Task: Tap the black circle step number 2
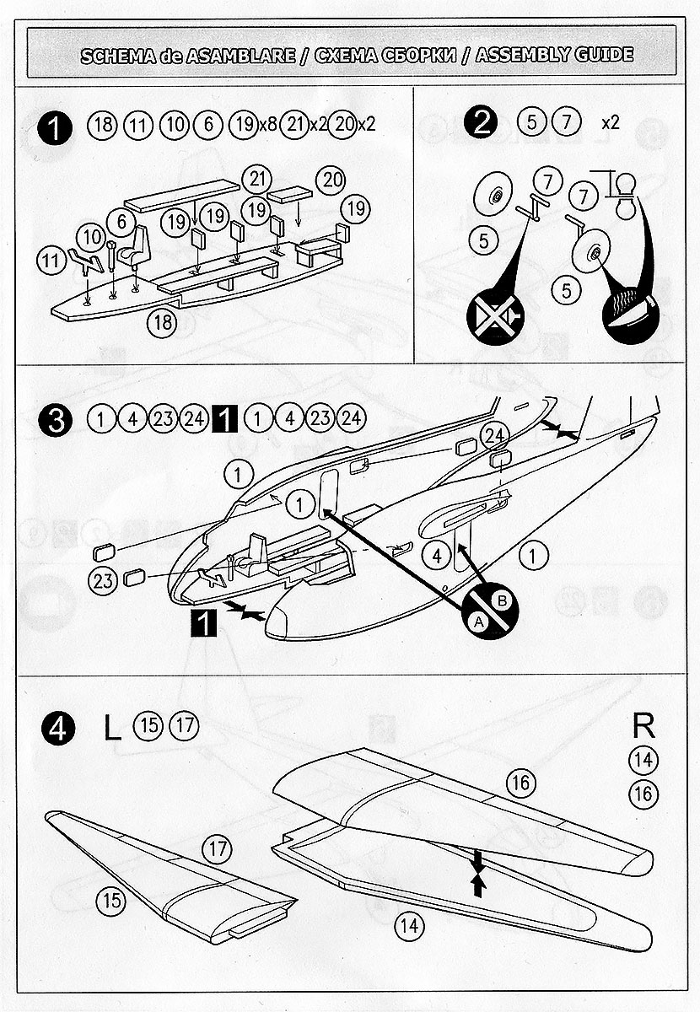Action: (x=482, y=123)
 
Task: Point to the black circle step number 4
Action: (x=57, y=727)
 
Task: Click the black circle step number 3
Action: (x=57, y=419)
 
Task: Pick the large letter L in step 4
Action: (x=112, y=727)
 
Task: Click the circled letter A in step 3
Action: (x=478, y=622)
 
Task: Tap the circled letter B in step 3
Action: (x=503, y=600)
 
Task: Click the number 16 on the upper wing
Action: (x=520, y=783)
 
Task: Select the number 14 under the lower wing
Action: (x=410, y=925)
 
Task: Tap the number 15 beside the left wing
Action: (x=110, y=900)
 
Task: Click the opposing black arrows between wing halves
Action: (x=479, y=873)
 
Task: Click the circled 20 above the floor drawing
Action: (x=331, y=179)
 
